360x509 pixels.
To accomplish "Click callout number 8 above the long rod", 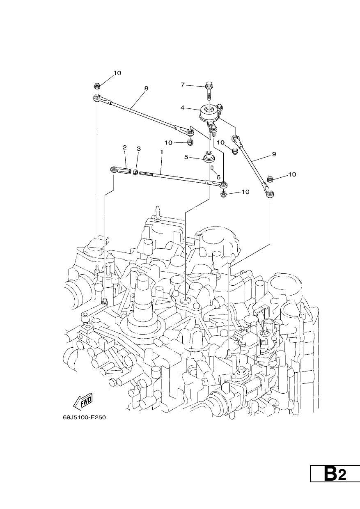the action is point(146,88).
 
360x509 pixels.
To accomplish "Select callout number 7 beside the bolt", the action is point(183,85).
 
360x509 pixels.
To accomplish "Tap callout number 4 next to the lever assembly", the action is point(183,108).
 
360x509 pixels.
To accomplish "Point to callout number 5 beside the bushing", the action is point(186,157).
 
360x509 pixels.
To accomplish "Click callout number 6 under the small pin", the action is point(218,177).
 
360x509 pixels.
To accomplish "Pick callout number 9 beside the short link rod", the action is point(274,154).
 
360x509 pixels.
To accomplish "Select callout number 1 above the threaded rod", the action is point(162,152).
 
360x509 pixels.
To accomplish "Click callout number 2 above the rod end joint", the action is point(124,147).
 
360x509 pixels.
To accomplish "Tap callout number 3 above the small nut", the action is point(139,149).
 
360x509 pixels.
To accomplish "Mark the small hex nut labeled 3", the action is point(135,172).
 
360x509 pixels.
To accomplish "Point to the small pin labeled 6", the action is point(213,168).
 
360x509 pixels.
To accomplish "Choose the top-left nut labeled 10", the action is point(96,86).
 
